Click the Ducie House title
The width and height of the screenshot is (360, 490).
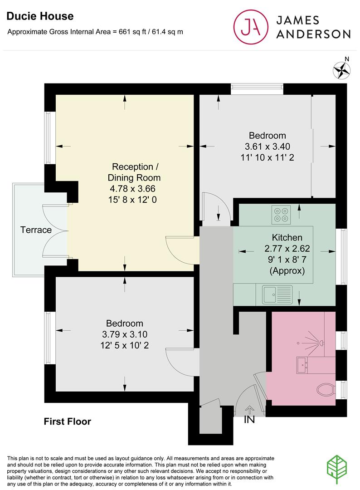[x=40, y=16]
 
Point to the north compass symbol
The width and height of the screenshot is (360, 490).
[x=343, y=70]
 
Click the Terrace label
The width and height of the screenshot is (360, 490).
[x=36, y=230]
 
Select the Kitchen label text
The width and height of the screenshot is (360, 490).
[x=287, y=237]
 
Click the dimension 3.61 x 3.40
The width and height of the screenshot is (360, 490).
[x=267, y=147]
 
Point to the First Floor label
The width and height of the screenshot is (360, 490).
[x=67, y=421]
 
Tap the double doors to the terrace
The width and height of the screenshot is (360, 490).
[x=55, y=230]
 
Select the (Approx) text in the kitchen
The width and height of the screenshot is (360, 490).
[x=287, y=271]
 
